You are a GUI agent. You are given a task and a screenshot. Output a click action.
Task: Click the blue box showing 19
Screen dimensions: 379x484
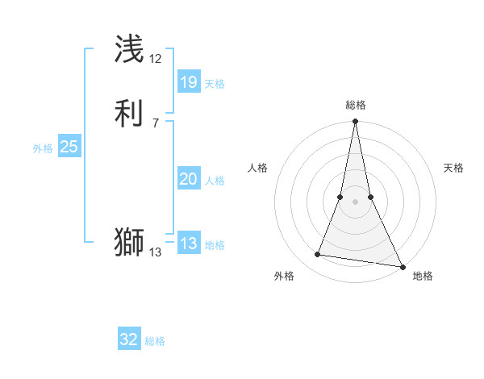coord(188,81)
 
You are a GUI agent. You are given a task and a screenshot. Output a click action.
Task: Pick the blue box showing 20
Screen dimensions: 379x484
coord(188,180)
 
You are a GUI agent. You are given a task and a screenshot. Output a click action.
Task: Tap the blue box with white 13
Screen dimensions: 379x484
coord(188,244)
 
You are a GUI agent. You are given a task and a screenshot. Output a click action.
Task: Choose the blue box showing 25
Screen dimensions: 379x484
coord(69,147)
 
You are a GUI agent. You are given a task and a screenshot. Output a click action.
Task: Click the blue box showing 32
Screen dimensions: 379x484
coord(129,339)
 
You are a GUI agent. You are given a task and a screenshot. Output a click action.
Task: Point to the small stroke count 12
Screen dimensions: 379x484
coord(156,60)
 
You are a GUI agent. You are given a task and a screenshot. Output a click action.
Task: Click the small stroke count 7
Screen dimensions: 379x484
coord(156,123)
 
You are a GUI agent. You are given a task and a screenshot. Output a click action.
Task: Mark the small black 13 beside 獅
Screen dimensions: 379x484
coord(156,252)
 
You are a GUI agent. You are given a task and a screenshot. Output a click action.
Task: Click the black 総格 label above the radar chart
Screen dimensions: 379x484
coord(356,105)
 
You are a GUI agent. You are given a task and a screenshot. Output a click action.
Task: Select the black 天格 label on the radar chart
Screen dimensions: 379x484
coord(453,168)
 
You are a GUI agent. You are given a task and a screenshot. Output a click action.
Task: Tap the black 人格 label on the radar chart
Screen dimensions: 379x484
coord(257,168)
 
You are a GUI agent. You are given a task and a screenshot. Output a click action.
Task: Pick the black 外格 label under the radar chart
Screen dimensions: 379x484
coord(284,276)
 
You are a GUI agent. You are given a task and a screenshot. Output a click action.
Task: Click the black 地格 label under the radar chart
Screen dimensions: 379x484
coord(423,276)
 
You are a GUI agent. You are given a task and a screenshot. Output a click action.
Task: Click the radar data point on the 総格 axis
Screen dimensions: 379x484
coord(355,122)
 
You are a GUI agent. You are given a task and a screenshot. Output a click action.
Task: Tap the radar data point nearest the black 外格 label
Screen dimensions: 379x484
coord(318,255)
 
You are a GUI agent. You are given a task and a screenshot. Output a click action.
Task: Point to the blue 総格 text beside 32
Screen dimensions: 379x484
coord(155,341)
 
